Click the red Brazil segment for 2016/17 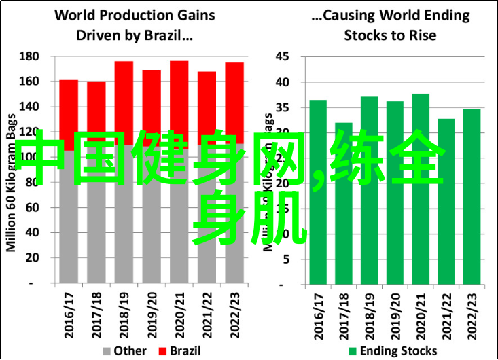tap(69, 109)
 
